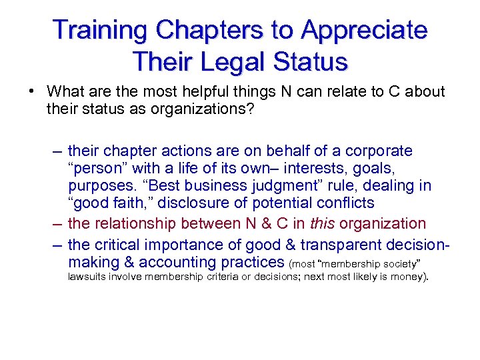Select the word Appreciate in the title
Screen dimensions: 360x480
coord(364,30)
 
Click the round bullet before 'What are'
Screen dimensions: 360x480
coord(31,91)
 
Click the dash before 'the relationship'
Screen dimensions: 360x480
coord(57,223)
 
